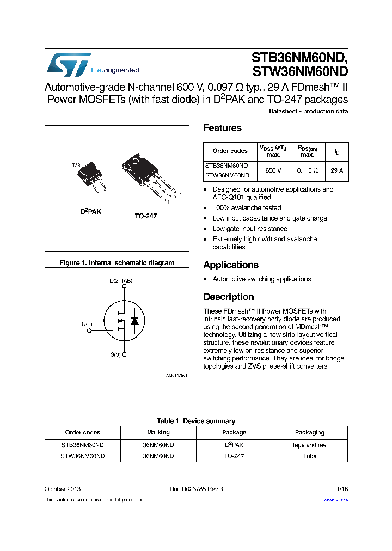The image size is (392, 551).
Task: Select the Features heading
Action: (222, 128)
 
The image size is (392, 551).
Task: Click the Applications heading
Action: (231, 265)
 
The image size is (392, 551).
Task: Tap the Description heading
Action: (229, 297)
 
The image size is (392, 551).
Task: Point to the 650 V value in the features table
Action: (273, 170)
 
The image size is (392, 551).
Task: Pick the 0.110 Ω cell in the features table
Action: (307, 170)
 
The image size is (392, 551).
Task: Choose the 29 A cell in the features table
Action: (337, 170)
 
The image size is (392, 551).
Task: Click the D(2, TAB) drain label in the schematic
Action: (121, 281)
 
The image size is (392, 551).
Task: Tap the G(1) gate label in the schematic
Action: (87, 325)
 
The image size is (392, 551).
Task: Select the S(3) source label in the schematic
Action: (115, 355)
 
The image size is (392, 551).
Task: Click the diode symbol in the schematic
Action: (134, 321)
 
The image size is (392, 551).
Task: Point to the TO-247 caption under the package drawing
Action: (146, 216)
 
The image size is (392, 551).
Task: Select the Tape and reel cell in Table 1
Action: (310, 445)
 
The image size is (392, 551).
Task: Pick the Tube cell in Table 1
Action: (310, 456)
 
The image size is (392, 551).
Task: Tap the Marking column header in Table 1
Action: (158, 433)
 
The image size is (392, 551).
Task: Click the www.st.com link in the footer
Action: (335, 500)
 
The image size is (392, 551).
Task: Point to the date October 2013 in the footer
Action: (63, 489)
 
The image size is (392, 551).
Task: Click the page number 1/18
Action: (342, 489)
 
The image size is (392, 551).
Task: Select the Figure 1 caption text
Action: (117, 263)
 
